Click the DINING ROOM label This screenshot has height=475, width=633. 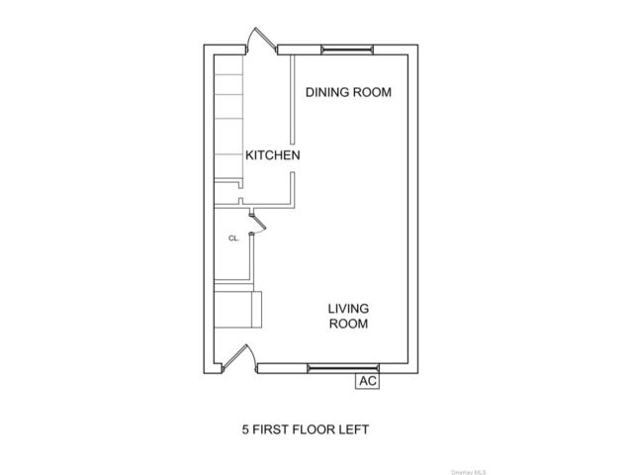[348, 92]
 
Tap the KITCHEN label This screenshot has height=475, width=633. [273, 155]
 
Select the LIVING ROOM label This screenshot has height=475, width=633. [348, 316]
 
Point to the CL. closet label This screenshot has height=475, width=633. [233, 238]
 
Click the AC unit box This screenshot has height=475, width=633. [367, 380]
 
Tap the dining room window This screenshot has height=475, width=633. [347, 49]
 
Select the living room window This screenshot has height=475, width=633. [343, 368]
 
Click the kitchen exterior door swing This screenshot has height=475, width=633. [261, 40]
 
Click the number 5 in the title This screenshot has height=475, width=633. [245, 429]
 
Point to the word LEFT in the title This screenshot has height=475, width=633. [354, 429]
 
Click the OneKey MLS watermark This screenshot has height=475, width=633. [468, 472]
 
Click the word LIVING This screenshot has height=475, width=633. [348, 309]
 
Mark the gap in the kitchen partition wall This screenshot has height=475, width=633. [293, 158]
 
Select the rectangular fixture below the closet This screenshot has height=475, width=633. [237, 310]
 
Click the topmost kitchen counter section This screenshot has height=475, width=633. [228, 64]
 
